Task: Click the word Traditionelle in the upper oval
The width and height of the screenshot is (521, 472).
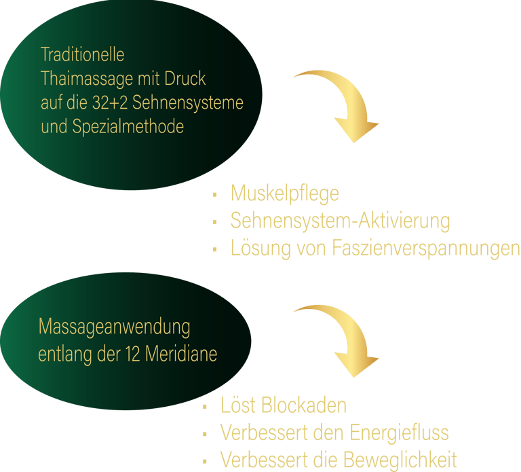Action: (83, 54)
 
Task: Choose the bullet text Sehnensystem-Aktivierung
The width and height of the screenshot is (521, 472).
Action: (340, 221)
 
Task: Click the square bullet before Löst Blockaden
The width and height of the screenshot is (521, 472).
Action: (204, 407)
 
